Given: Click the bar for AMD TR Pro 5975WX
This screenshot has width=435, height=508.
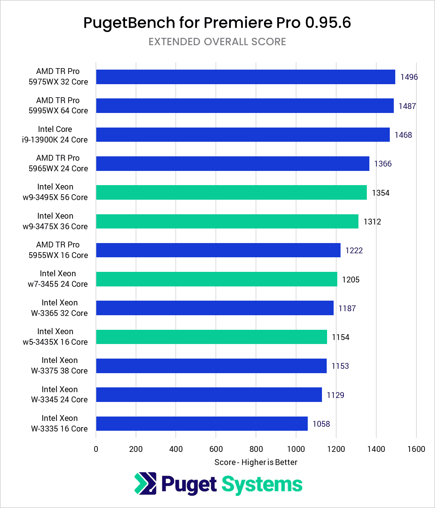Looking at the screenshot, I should click(245, 77).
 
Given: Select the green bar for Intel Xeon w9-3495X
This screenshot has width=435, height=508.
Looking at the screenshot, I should click(231, 192).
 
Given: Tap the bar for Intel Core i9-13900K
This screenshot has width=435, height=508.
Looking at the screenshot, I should click(243, 134).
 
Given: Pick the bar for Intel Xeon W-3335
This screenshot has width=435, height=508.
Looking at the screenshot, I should click(202, 423).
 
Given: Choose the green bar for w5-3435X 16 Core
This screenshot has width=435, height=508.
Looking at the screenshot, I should click(211, 337).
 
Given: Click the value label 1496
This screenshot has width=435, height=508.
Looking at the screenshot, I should click(409, 77).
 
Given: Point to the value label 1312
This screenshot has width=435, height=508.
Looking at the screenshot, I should click(372, 222).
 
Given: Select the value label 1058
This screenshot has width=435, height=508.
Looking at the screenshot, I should click(321, 424).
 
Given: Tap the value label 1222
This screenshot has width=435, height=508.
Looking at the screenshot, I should click(354, 250).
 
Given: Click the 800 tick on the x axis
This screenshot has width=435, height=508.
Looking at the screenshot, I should click(256, 449).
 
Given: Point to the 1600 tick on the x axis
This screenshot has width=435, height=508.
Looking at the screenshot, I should click(416, 449).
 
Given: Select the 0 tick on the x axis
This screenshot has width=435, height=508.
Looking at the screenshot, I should click(96, 449).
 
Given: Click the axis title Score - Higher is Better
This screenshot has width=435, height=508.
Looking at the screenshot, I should click(256, 462).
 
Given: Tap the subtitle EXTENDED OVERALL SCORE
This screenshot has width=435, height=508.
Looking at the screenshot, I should click(217, 42).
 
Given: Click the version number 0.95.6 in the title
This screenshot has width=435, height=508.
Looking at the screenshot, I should click(328, 23).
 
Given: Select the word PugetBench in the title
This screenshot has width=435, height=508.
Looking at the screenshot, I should click(129, 23).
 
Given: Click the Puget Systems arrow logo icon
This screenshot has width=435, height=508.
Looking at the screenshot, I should click(145, 484).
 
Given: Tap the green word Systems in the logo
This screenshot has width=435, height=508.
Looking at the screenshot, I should click(262, 485).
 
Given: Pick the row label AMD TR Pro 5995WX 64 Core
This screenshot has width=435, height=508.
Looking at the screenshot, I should click(58, 105).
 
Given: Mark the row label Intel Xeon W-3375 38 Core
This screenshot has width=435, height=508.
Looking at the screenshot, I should click(59, 365).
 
